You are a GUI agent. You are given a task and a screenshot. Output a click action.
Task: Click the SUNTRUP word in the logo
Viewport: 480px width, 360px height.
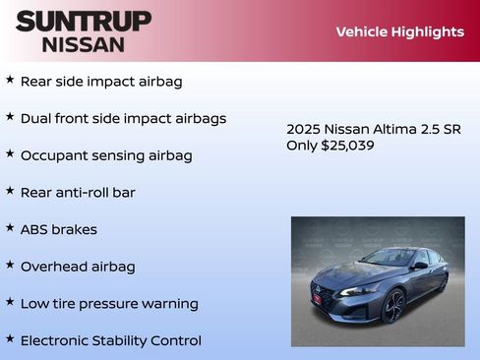[83, 21]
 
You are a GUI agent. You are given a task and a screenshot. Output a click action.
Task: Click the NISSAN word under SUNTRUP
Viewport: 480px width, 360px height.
[83, 43]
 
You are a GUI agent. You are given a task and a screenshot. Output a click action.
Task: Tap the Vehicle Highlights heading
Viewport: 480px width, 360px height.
[399, 31]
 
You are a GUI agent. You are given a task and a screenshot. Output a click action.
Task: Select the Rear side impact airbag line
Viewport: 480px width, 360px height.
[101, 82]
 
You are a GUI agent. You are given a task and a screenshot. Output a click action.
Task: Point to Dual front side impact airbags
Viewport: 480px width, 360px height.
[123, 119]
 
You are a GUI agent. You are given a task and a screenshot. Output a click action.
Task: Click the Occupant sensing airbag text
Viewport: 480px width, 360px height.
[106, 155]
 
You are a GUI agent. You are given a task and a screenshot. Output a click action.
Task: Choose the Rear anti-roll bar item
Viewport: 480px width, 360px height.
[78, 193]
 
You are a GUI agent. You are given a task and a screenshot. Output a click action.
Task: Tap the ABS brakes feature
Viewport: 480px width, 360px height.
[59, 229]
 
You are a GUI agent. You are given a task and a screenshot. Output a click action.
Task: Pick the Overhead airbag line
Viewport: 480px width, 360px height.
[78, 267]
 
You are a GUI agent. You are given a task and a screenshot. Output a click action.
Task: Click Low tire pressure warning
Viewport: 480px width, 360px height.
[109, 304]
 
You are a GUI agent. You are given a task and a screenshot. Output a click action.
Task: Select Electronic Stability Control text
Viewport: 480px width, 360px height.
[110, 340]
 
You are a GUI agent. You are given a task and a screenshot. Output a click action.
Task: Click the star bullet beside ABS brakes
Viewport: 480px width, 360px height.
[10, 227]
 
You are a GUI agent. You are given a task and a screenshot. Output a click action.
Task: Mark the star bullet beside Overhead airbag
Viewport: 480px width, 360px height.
[10, 265]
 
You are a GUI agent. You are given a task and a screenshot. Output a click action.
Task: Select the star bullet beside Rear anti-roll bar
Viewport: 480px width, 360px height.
[10, 190]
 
